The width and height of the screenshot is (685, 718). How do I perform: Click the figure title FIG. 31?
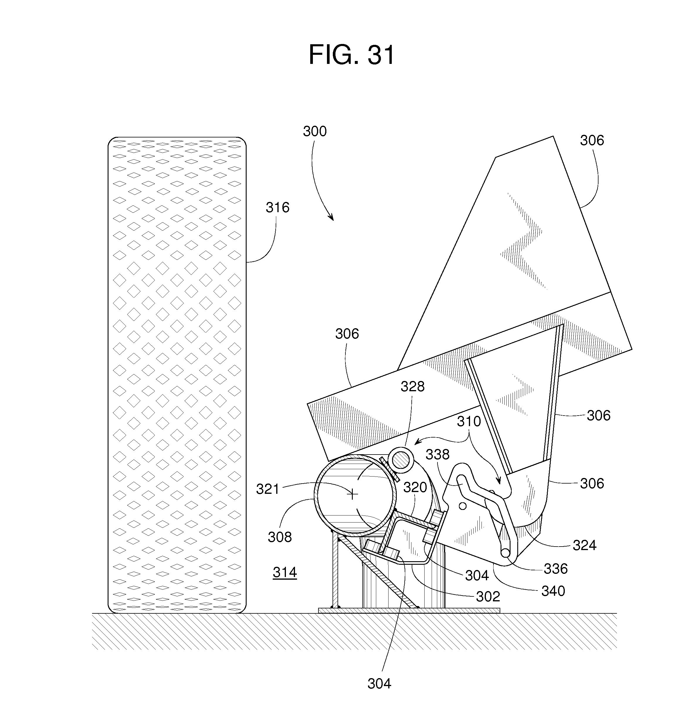click(351, 55)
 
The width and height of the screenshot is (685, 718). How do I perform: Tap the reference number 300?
click(314, 131)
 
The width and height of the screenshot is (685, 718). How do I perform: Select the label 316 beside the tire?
click(277, 207)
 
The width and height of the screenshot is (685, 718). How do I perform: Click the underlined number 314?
click(285, 572)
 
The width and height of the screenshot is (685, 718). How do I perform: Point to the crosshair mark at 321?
click(352, 495)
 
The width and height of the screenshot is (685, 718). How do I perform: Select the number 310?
click(469, 422)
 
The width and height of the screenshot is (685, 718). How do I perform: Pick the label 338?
click(438, 455)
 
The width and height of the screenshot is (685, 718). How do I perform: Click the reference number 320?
click(415, 487)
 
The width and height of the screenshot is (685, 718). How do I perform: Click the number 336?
click(556, 569)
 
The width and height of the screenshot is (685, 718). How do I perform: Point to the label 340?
click(553, 591)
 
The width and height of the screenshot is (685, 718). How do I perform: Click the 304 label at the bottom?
click(379, 684)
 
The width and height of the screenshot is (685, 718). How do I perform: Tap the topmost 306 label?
click(592, 140)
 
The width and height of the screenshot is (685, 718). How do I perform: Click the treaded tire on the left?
click(177, 376)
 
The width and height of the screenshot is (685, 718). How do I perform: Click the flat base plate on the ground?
click(409, 610)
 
